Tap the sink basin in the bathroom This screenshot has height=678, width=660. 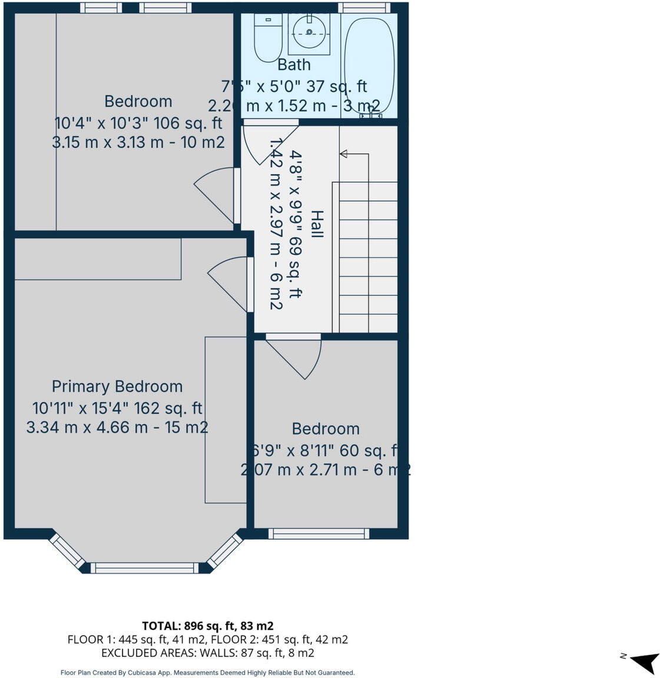309,33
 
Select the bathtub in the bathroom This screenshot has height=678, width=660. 369,65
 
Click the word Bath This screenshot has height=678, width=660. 294,64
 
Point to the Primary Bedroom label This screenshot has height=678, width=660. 117,387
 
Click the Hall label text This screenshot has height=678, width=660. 317,224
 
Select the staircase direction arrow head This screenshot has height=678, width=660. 343,154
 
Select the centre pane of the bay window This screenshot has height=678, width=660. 144,568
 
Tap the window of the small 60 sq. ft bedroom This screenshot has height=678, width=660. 319,534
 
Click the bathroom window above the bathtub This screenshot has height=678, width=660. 364,8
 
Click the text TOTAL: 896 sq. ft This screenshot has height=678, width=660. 207,626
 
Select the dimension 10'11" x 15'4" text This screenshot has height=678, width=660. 117,408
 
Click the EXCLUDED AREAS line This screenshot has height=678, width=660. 207,653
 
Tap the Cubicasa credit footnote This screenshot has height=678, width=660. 207,673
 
